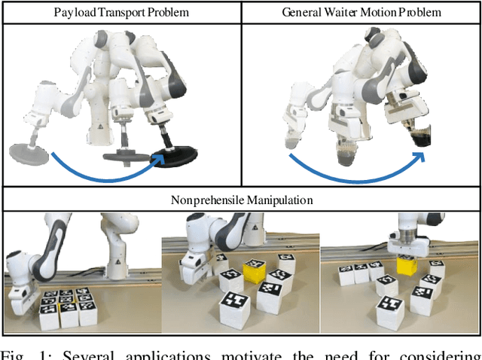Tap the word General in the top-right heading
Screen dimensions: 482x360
coord(300,12)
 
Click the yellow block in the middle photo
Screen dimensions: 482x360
coord(254,270)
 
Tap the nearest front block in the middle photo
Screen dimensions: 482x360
coord(236,309)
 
